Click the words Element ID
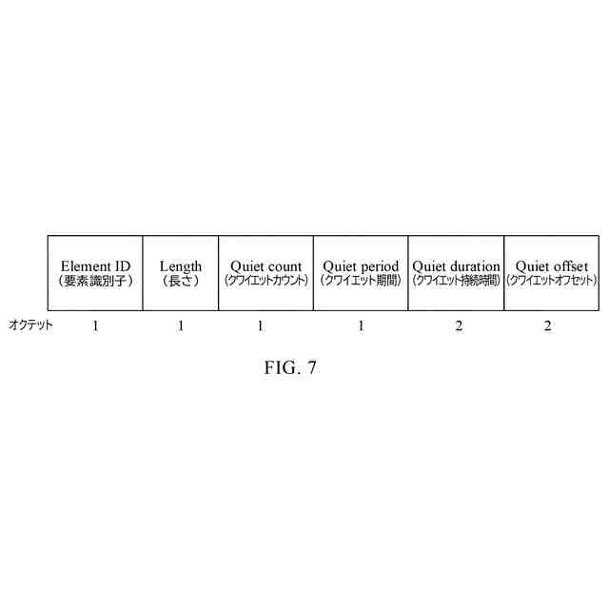click(x=95, y=266)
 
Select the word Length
click(x=181, y=266)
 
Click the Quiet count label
click(x=266, y=266)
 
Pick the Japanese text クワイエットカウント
click(x=266, y=281)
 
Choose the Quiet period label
click(x=361, y=266)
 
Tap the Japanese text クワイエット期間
click(x=361, y=281)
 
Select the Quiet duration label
click(x=456, y=266)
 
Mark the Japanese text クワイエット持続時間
click(x=456, y=281)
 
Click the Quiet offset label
click(x=552, y=266)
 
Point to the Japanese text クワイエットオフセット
click(x=552, y=281)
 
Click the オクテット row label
click(x=30, y=325)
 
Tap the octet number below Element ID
click(x=95, y=326)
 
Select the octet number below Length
click(x=181, y=326)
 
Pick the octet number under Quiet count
click(x=260, y=326)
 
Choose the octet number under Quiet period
click(x=361, y=326)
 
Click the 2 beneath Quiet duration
click(x=459, y=326)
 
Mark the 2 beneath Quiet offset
click(x=547, y=326)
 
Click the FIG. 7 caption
click(x=290, y=368)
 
